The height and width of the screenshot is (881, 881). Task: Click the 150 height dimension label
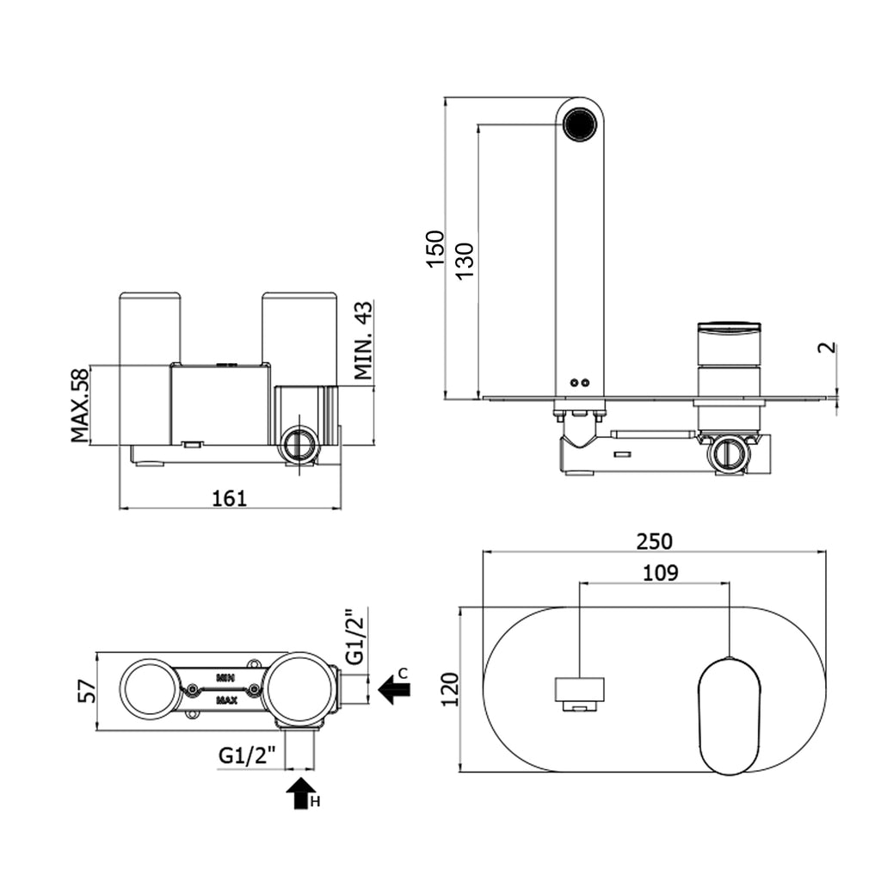(436, 248)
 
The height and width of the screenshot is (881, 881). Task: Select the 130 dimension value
(465, 259)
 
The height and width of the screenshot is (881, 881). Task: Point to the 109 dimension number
(660, 572)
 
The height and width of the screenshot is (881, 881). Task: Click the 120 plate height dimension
(450, 689)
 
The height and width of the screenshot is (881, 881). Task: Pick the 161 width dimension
(230, 497)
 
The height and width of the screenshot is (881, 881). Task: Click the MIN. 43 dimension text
(363, 341)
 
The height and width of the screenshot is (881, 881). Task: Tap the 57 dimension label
(86, 690)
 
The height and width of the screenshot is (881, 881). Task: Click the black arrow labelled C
(394, 688)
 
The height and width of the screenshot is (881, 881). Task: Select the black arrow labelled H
(299, 792)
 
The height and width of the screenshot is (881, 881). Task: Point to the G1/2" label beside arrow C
(354, 638)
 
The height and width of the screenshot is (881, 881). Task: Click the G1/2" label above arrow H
(248, 755)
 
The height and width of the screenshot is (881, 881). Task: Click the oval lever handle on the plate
(730, 715)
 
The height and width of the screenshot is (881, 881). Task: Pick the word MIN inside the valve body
(226, 677)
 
